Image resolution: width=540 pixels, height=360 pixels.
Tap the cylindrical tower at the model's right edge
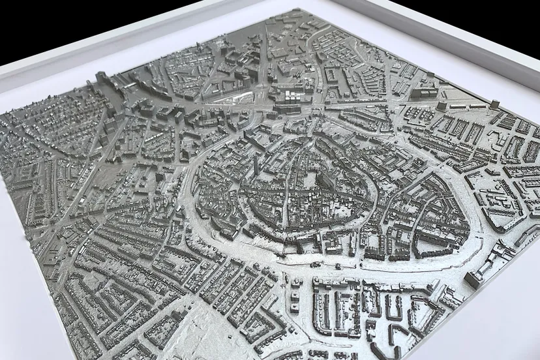click(495, 104)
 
